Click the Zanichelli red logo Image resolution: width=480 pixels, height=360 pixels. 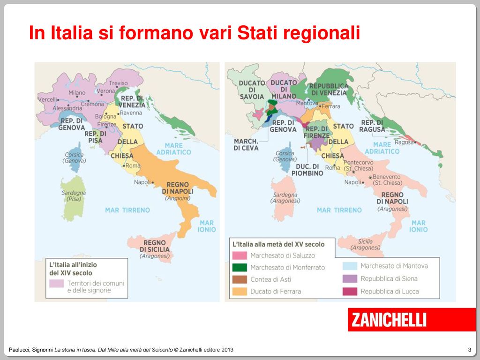pyautogui.click(x=411, y=320)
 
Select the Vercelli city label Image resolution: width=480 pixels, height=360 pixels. pyautogui.click(x=47, y=99)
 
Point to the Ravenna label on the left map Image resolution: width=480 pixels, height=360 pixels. pyautogui.click(x=131, y=113)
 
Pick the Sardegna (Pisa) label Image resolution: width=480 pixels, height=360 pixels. pyautogui.click(x=74, y=196)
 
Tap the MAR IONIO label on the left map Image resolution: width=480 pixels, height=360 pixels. pyautogui.click(x=207, y=226)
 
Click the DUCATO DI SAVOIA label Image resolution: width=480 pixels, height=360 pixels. pyautogui.click(x=252, y=90)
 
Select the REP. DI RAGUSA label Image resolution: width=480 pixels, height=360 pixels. pyautogui.click(x=372, y=126)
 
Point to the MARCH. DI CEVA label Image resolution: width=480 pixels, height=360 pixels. pyautogui.click(x=246, y=144)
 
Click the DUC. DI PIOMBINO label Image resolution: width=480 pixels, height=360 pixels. pyautogui.click(x=309, y=170)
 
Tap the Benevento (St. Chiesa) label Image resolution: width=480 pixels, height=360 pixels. pyautogui.click(x=387, y=180)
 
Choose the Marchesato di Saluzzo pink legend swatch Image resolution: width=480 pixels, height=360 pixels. pyautogui.click(x=239, y=255)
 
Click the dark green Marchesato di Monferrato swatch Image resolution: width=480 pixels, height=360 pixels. pyautogui.click(x=239, y=267)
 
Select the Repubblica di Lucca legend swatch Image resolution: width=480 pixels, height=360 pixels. pyautogui.click(x=349, y=291)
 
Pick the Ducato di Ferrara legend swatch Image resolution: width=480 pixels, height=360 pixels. pyautogui.click(x=239, y=291)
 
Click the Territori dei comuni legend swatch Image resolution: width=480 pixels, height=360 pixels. pyautogui.click(x=57, y=284)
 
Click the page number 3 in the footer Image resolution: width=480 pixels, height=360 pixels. pyautogui.click(x=469, y=350)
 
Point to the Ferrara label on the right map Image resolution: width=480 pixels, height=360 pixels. pyautogui.click(x=331, y=106)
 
